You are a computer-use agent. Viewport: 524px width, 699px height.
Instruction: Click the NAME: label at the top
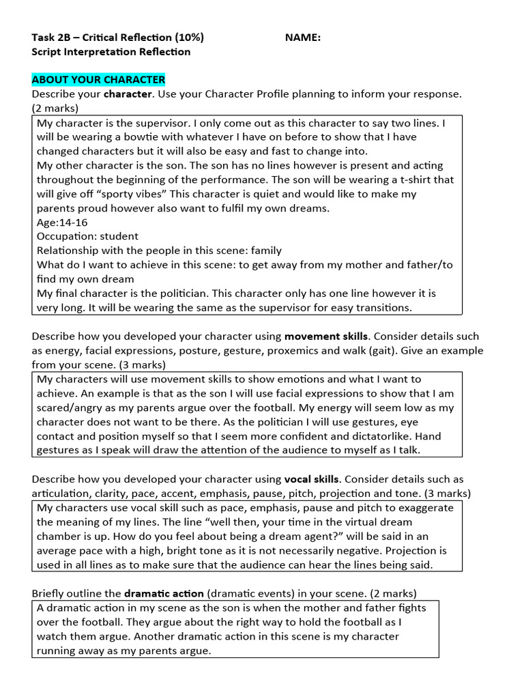tap(303, 38)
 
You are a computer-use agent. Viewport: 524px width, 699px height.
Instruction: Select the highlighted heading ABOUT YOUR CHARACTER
tap(98, 80)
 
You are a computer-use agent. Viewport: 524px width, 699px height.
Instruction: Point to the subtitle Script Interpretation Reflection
tap(111, 52)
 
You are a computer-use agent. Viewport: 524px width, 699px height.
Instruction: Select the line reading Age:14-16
tap(62, 223)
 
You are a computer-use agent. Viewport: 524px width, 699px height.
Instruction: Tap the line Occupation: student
tap(87, 236)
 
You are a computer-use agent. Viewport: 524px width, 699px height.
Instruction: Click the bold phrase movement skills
tap(327, 336)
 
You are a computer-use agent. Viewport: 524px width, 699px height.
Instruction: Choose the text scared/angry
tap(70, 408)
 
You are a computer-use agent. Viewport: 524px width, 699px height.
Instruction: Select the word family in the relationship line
tap(266, 251)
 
